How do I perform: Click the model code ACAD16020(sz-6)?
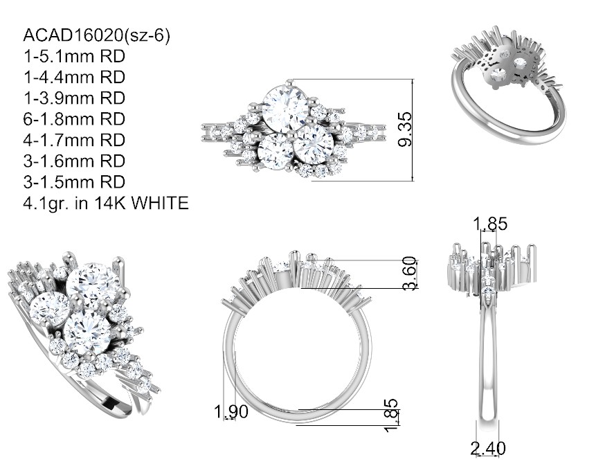pos(96,36)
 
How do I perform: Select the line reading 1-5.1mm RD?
pos(74,56)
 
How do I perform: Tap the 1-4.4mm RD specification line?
pos(74,77)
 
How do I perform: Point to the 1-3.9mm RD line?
pos(74,98)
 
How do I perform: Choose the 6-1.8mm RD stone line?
pos(74,119)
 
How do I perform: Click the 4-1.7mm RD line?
pos(74,140)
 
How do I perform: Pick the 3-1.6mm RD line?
pos(74,161)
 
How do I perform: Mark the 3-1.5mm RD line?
pos(74,181)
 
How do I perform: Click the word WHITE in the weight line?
pos(160,203)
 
